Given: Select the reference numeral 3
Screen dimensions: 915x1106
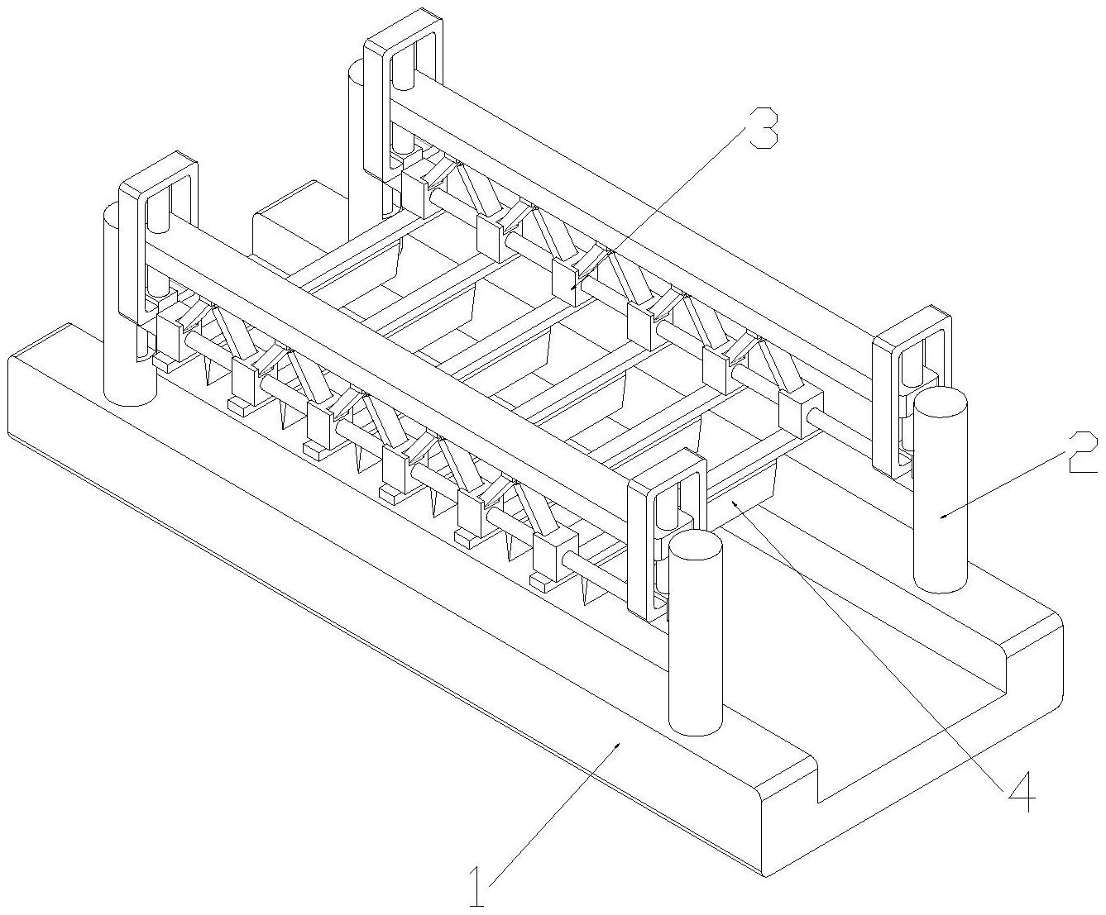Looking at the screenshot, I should (763, 130).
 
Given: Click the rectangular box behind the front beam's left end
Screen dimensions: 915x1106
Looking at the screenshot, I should (285, 231).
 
